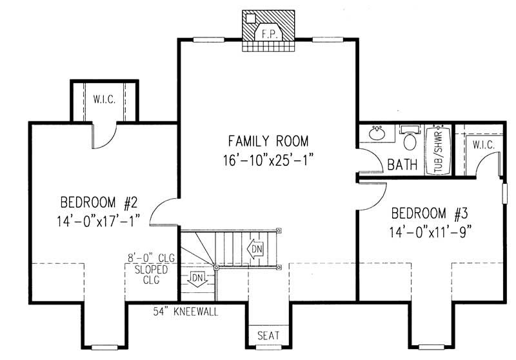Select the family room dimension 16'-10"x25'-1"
[x=268, y=160]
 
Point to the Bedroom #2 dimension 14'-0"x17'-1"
[x=99, y=221]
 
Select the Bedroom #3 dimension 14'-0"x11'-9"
[x=429, y=232]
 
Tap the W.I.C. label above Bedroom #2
[x=104, y=100]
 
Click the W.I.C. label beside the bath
[x=483, y=145]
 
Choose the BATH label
[x=402, y=165]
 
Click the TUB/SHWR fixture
[x=438, y=150]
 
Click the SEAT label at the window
[x=268, y=336]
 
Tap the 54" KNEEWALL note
[x=186, y=312]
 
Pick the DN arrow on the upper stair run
[x=257, y=248]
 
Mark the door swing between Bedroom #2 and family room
[x=164, y=212]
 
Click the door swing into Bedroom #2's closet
[x=104, y=134]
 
